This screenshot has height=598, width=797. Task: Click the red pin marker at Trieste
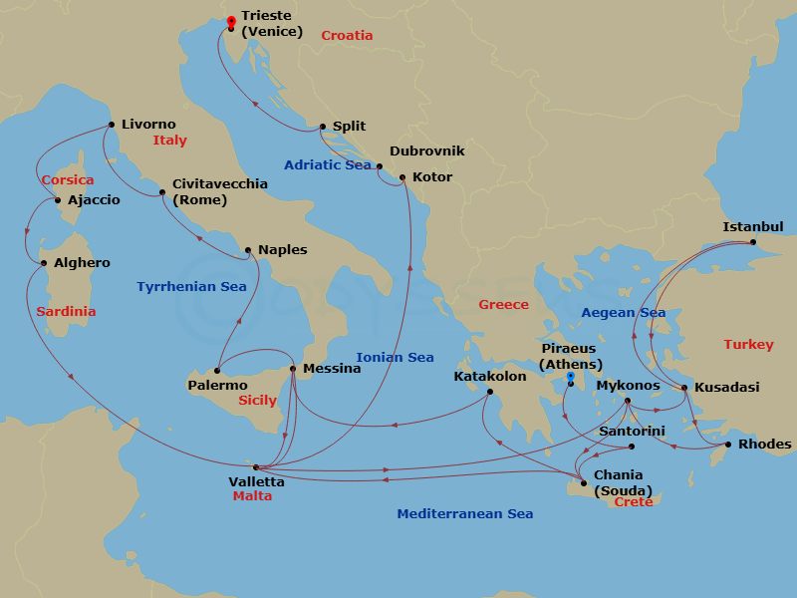pyautogui.click(x=231, y=21)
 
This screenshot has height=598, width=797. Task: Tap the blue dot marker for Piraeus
pyautogui.click(x=570, y=377)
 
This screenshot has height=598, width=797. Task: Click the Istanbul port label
pyautogui.click(x=754, y=227)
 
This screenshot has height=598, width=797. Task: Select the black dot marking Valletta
pyautogui.click(x=256, y=466)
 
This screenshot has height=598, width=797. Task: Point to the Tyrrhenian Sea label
pyautogui.click(x=191, y=287)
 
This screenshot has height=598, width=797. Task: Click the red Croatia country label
pyautogui.click(x=347, y=36)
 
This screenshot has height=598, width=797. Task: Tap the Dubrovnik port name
pyautogui.click(x=426, y=151)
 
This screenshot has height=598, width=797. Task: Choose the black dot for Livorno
pyautogui.click(x=111, y=125)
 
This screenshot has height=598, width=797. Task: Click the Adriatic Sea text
pyautogui.click(x=327, y=165)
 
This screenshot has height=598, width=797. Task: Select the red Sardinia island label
pyautogui.click(x=66, y=312)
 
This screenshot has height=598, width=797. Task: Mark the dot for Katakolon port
pyautogui.click(x=489, y=393)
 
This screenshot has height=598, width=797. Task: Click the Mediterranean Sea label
pyautogui.click(x=464, y=514)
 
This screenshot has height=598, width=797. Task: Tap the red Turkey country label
pyautogui.click(x=748, y=345)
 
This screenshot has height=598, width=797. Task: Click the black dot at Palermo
pyautogui.click(x=216, y=371)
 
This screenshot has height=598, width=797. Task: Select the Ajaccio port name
pyautogui.click(x=94, y=200)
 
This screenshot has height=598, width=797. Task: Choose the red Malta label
pyautogui.click(x=252, y=496)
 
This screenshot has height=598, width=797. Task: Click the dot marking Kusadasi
pyautogui.click(x=684, y=387)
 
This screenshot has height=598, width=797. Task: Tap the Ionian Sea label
pyautogui.click(x=395, y=358)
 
